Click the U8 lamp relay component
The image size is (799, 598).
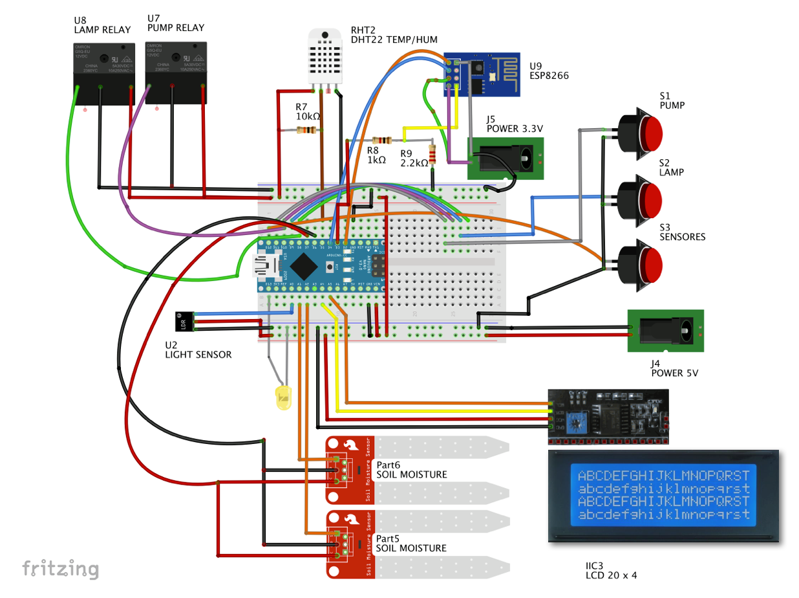click(103, 67)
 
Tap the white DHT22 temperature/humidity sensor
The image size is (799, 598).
click(325, 57)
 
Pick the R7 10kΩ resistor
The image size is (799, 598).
click(306, 131)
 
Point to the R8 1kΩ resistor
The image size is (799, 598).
click(383, 140)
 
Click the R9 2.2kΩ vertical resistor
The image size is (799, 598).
click(432, 155)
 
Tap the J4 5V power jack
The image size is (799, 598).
click(666, 331)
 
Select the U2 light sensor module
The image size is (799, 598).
click(184, 322)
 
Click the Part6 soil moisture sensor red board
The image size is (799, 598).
click(350, 470)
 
